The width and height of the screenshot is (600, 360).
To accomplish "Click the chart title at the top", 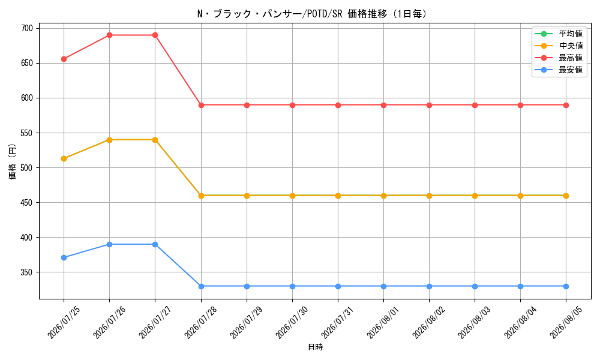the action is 312,14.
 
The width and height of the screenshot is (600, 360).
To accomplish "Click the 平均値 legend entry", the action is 559,34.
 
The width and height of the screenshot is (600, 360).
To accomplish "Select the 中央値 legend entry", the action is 559,46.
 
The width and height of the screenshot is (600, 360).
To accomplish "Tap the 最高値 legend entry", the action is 559,58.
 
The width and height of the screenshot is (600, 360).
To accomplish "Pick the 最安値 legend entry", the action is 559,70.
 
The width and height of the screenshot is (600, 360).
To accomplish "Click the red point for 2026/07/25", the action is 64,59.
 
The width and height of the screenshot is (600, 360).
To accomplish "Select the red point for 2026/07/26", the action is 109,35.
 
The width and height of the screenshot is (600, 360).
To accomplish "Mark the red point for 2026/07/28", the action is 201,105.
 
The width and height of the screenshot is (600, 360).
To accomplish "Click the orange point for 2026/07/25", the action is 64,158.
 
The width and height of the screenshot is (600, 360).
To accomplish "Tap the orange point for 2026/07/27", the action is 155,140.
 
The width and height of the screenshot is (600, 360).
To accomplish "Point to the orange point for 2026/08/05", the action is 566,196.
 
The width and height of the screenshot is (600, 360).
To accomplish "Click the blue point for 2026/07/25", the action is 64,257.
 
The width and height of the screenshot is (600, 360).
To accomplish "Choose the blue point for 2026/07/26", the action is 109,244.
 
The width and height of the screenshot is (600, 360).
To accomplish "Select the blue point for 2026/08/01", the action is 383,286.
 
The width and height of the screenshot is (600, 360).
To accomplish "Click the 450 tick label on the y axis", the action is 27,202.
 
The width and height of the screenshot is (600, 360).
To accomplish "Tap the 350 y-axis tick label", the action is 27,272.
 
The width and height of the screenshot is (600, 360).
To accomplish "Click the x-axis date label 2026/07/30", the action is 291,322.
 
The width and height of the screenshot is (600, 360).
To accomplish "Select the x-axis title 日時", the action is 316,347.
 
